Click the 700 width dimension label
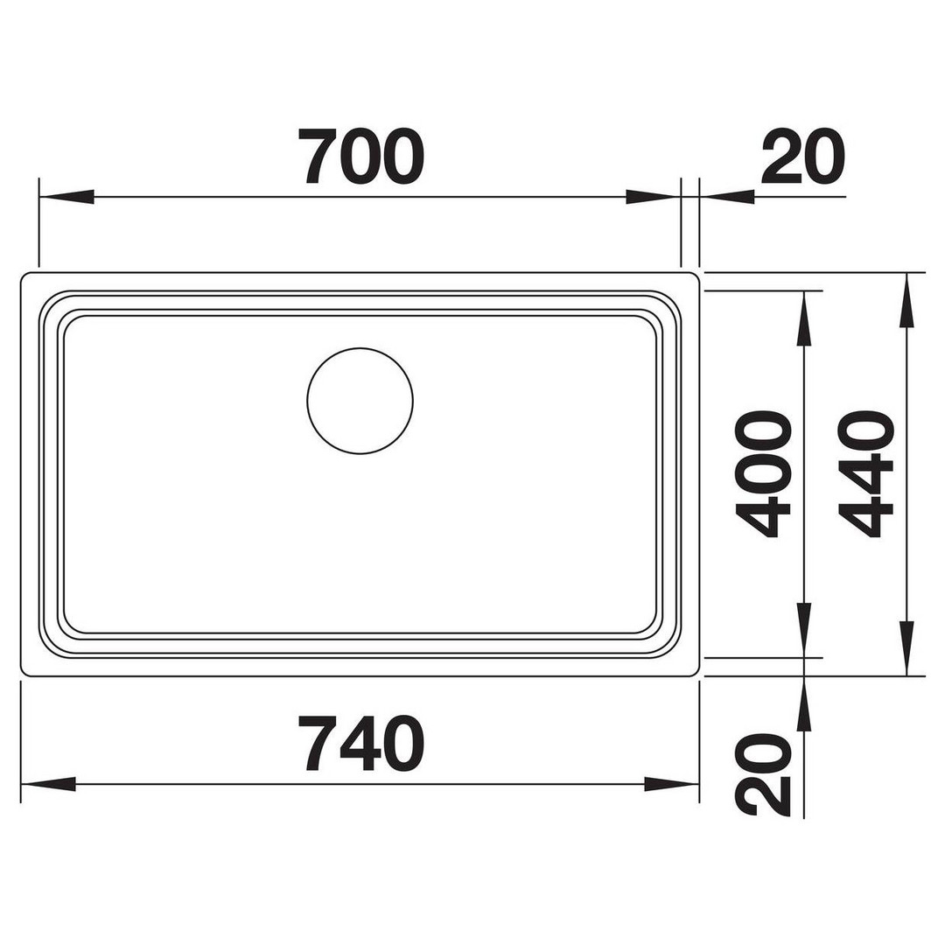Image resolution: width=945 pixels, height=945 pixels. [x=360, y=156]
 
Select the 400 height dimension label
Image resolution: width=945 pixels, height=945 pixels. [x=763, y=473]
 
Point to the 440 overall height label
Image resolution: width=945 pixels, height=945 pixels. [x=865, y=473]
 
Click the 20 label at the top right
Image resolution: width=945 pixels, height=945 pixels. [x=802, y=156]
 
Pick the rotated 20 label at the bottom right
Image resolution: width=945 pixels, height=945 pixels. [x=763, y=775]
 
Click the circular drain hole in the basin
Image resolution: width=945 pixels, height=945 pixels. [x=360, y=401]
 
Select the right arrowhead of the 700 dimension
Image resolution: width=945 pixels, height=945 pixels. [x=654, y=197]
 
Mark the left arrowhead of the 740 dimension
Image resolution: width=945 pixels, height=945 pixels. [x=48, y=784]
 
